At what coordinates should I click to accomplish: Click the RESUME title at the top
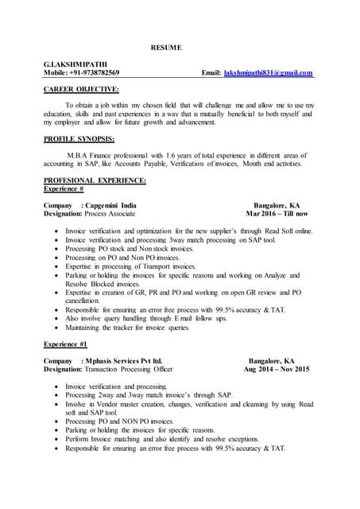coord(166,48)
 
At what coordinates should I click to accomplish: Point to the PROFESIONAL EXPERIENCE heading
coord(95,181)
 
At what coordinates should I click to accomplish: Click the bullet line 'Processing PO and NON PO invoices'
coord(119,422)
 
